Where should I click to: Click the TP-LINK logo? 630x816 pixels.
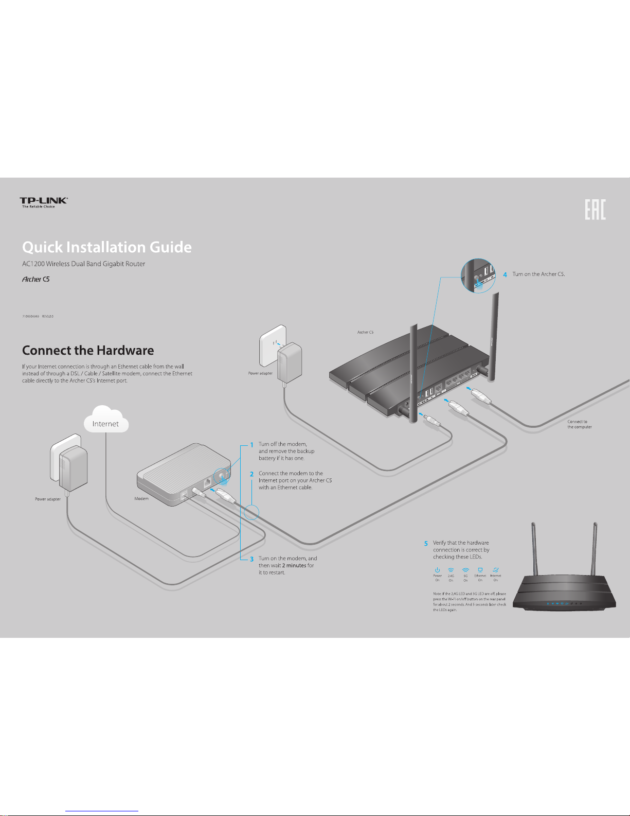point(43,202)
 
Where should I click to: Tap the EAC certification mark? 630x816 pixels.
point(595,210)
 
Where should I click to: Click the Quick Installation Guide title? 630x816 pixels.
point(107,247)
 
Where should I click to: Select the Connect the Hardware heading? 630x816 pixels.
point(88,351)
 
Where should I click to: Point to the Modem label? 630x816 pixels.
point(141,498)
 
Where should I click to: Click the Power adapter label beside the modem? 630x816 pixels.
point(48,499)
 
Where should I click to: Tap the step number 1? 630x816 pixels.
point(251,444)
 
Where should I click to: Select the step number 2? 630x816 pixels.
point(251,474)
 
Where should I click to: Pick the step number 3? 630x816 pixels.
point(251,559)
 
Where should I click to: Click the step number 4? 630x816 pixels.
point(505,274)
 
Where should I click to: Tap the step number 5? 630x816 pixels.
point(426,543)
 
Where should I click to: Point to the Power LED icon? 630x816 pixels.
point(437,570)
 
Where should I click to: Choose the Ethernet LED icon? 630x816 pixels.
point(480,570)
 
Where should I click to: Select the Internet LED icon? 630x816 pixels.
point(495,570)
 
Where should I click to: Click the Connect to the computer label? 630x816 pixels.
point(580,424)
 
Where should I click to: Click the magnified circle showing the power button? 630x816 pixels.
point(478,276)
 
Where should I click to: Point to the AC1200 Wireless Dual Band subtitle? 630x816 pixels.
point(84,264)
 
